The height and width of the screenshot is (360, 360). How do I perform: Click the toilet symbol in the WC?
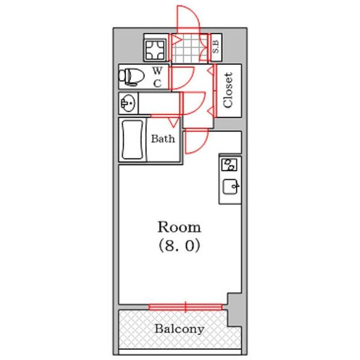[x=131, y=77]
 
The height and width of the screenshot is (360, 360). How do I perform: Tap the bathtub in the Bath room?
[x=133, y=140]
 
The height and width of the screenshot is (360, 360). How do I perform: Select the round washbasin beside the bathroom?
[x=128, y=103]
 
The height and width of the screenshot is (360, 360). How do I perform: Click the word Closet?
[x=228, y=90]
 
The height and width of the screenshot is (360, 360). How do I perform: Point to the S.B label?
[x=216, y=47]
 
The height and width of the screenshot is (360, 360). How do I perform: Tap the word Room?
[x=179, y=227]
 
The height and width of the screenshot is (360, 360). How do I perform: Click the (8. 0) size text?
[x=179, y=245]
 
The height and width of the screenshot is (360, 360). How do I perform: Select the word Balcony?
[x=179, y=329]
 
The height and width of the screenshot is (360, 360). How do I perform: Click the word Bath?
[x=163, y=139]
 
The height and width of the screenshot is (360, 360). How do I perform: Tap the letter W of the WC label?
[x=157, y=71]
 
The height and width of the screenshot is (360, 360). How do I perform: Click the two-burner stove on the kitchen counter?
[x=229, y=165]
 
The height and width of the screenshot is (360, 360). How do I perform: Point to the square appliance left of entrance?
[x=155, y=50]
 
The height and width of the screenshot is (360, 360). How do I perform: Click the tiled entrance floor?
[x=190, y=48]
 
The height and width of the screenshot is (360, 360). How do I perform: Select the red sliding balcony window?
[x=185, y=307]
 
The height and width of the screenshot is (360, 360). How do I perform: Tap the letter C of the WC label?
[x=157, y=83]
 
